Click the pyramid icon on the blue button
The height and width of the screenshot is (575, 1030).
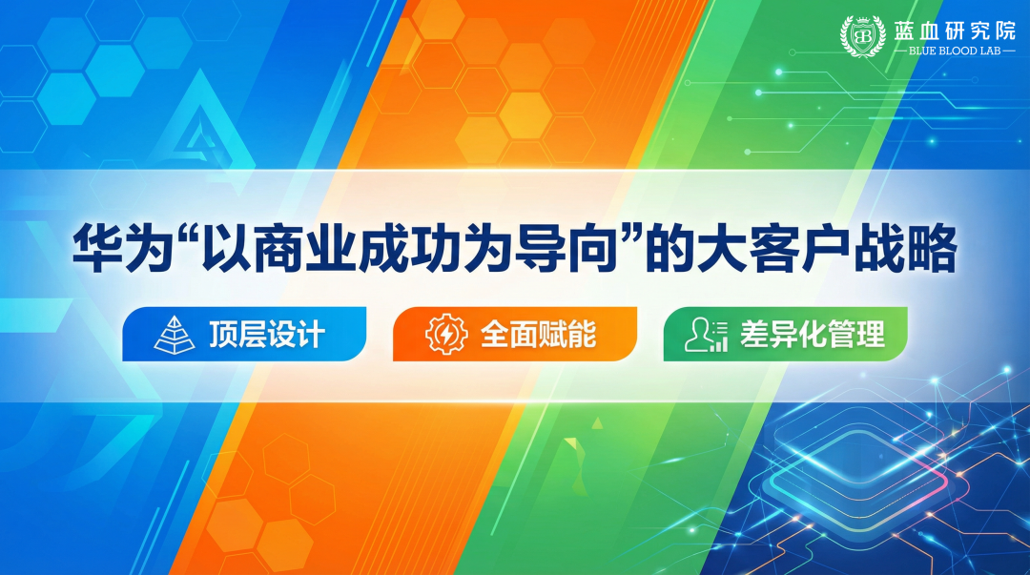[x=174, y=334]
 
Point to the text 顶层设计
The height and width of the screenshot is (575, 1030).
[x=267, y=335]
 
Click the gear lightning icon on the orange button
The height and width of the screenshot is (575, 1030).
[x=445, y=334]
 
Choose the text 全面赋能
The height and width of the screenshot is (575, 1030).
[x=539, y=335]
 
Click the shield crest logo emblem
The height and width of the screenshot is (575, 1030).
[x=863, y=36]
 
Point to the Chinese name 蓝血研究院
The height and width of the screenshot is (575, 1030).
[x=955, y=30]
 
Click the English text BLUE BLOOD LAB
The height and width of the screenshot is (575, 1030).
[x=955, y=51]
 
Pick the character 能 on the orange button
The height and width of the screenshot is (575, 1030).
[x=582, y=335]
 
